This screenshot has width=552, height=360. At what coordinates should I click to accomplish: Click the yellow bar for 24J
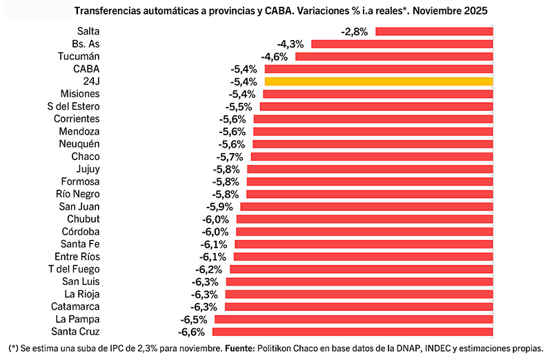pyautogui.click(x=378, y=81)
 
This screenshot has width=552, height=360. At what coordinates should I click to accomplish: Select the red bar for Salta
pyautogui.click(x=433, y=32)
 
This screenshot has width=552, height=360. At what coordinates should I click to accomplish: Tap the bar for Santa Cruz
pyautogui.click(x=351, y=332)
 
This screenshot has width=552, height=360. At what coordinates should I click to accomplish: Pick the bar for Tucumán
pyautogui.click(x=393, y=57)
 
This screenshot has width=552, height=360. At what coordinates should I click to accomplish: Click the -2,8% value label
pyautogui.click(x=355, y=32)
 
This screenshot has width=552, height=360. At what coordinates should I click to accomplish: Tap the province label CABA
pyautogui.click(x=86, y=69)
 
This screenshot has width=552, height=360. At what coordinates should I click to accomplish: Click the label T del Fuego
pyautogui.click(x=74, y=269)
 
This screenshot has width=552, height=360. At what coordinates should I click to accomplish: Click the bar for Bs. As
pyautogui.click(x=402, y=44)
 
